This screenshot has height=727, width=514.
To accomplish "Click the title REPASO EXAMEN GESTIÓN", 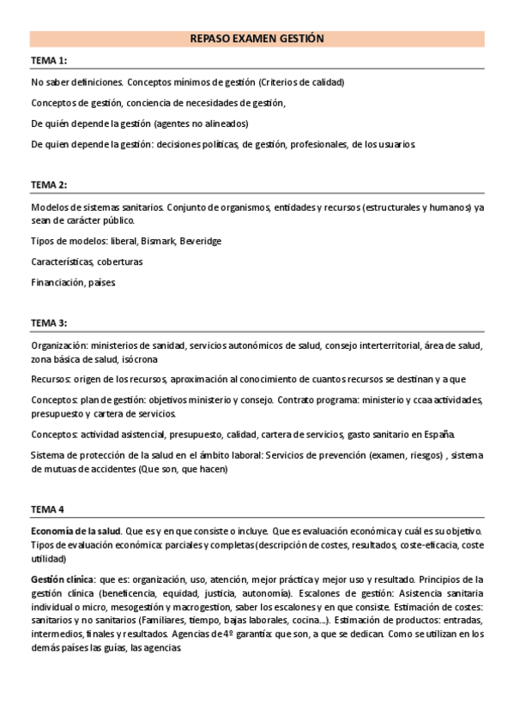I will [x=257, y=39].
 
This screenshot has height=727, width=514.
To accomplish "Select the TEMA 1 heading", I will [x=49, y=60].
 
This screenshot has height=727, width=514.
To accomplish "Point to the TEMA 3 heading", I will [x=49, y=322].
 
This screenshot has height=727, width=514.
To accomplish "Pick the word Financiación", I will [x=57, y=282].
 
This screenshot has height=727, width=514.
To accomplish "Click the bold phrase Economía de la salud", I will [x=76, y=532].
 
